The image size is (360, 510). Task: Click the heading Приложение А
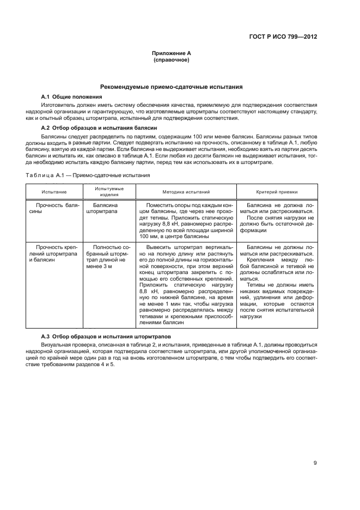[171, 53]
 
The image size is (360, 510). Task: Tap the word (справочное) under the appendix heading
[171, 60]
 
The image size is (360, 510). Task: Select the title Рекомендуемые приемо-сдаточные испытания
[171, 87]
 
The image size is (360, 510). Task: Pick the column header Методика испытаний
[186, 192]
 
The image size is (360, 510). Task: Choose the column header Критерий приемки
[277, 192]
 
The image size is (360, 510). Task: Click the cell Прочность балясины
[54, 210]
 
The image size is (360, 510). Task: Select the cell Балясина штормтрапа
[102, 210]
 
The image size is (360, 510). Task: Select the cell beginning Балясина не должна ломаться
[277, 218]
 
